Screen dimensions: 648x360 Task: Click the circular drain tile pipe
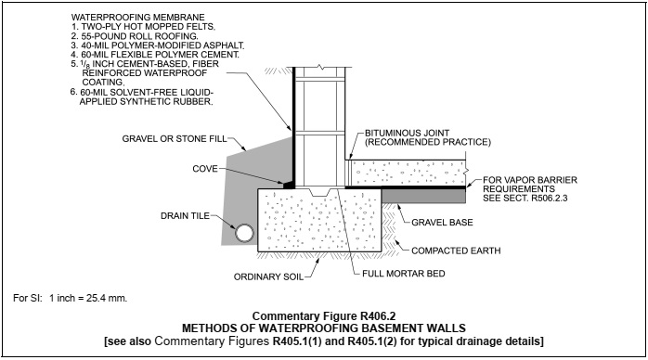pyautogui.click(x=245, y=233)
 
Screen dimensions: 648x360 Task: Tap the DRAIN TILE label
pyautogui.click(x=185, y=216)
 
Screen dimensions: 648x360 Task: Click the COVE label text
pyautogui.click(x=205, y=169)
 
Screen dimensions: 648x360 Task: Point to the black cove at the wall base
pyautogui.click(x=289, y=184)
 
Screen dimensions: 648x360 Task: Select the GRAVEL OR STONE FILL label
pyautogui.click(x=175, y=139)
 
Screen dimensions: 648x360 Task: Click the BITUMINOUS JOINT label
pyautogui.click(x=407, y=133)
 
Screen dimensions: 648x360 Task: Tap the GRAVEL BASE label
pyautogui.click(x=442, y=223)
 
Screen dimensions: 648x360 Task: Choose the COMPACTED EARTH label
pyautogui.click(x=456, y=251)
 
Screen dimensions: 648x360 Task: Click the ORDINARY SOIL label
pyautogui.click(x=268, y=276)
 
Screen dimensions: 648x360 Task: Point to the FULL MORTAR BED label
pyautogui.click(x=404, y=274)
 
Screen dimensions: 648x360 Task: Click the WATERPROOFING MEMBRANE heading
pyautogui.click(x=138, y=18)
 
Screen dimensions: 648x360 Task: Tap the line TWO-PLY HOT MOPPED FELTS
pyautogui.click(x=143, y=27)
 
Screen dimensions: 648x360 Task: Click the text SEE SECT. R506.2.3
pyautogui.click(x=525, y=199)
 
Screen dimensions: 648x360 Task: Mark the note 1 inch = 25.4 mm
pyautogui.click(x=88, y=298)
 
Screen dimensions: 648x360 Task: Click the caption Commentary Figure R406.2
pyautogui.click(x=324, y=316)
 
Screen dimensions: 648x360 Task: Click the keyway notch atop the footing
pyautogui.click(x=319, y=192)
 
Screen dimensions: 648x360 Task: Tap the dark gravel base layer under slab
pyautogui.click(x=423, y=196)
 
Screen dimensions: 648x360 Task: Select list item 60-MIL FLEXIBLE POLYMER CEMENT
pyautogui.click(x=155, y=55)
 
